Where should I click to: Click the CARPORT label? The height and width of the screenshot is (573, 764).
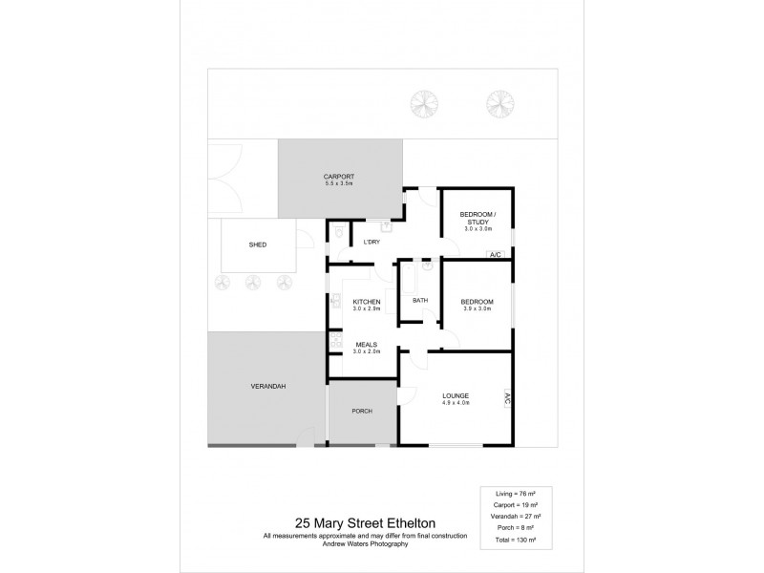(x=338, y=177)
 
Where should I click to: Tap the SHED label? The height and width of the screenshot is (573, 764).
(x=258, y=245)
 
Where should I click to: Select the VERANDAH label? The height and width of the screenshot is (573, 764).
(x=268, y=385)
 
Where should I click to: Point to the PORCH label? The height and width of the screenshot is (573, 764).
(x=362, y=411)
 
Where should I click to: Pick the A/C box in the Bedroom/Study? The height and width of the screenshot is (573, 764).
(x=496, y=255)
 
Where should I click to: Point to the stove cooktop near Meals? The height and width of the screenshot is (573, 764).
(x=334, y=341)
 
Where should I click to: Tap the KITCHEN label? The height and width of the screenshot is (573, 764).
(x=367, y=302)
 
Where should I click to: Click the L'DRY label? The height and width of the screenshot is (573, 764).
(x=372, y=242)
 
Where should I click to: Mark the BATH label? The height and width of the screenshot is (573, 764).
(x=420, y=301)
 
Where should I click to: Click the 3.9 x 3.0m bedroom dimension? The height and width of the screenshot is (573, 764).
(x=476, y=308)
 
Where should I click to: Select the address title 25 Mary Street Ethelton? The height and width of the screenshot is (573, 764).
(x=365, y=523)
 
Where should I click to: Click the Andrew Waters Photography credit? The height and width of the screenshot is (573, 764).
(x=365, y=543)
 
